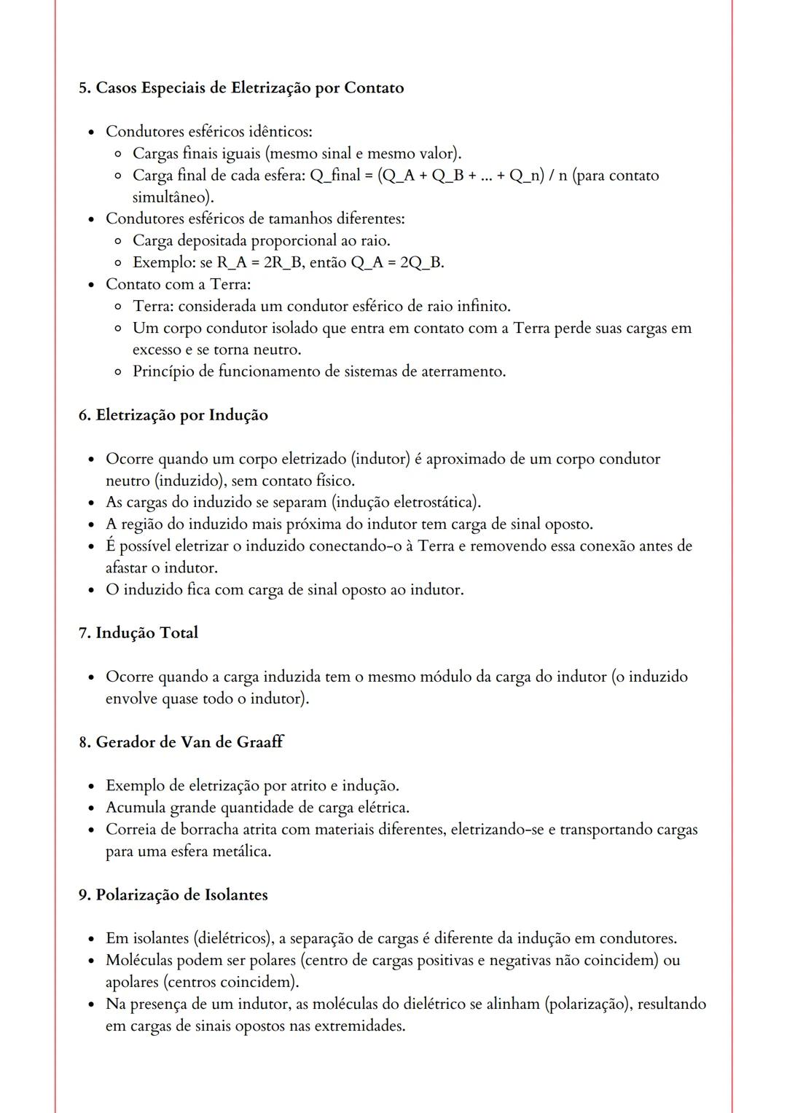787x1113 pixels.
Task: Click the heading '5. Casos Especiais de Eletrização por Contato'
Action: click(240, 88)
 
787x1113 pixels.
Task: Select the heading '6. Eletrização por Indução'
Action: click(173, 415)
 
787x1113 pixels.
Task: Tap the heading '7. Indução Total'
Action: click(138, 633)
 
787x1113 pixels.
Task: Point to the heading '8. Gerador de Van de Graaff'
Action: click(181, 742)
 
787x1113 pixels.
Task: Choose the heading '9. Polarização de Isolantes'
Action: click(173, 895)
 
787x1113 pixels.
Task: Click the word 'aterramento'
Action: click(463, 372)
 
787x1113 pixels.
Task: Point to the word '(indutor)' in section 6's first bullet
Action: click(380, 460)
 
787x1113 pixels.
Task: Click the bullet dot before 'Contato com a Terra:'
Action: click(91, 285)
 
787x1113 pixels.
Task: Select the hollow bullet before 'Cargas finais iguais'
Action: click(118, 154)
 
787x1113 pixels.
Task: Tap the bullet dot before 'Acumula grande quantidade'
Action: click(91, 809)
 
